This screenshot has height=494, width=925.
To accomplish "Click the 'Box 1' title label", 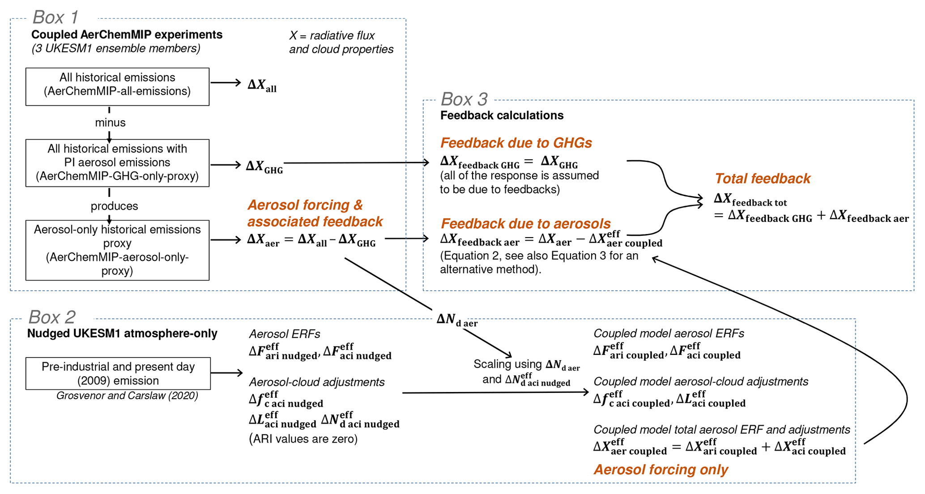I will (55, 17).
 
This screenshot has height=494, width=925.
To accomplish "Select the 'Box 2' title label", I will (52, 317).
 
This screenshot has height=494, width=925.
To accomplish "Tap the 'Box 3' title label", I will (464, 99).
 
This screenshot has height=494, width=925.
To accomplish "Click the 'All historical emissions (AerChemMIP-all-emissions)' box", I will (117, 86).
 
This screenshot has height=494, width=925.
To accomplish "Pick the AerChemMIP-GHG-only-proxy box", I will (117, 162).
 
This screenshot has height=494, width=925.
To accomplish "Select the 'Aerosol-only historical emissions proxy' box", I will (117, 250).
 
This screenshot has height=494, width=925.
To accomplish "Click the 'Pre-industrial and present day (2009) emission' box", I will (118, 373).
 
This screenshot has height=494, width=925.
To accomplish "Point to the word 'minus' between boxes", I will (110, 123).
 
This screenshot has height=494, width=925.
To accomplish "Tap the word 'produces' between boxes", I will (114, 206).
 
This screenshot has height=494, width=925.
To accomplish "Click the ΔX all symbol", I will (262, 85).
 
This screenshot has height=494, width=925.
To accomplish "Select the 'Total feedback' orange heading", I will (763, 179).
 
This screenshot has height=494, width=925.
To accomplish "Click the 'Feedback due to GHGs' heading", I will (516, 143).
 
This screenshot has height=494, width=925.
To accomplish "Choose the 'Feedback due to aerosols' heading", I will (526, 223).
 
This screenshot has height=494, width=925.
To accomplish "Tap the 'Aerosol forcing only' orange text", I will (661, 469).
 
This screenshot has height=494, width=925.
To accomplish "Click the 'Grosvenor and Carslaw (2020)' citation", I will (127, 396).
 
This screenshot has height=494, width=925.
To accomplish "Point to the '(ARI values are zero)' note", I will (303, 439).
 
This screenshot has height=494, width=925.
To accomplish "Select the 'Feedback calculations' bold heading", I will (502, 115).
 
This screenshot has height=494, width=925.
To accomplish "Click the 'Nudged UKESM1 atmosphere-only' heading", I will (122, 333).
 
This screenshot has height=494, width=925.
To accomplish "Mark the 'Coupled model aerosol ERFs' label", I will (669, 333).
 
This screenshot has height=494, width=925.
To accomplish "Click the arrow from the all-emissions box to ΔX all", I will (226, 82).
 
